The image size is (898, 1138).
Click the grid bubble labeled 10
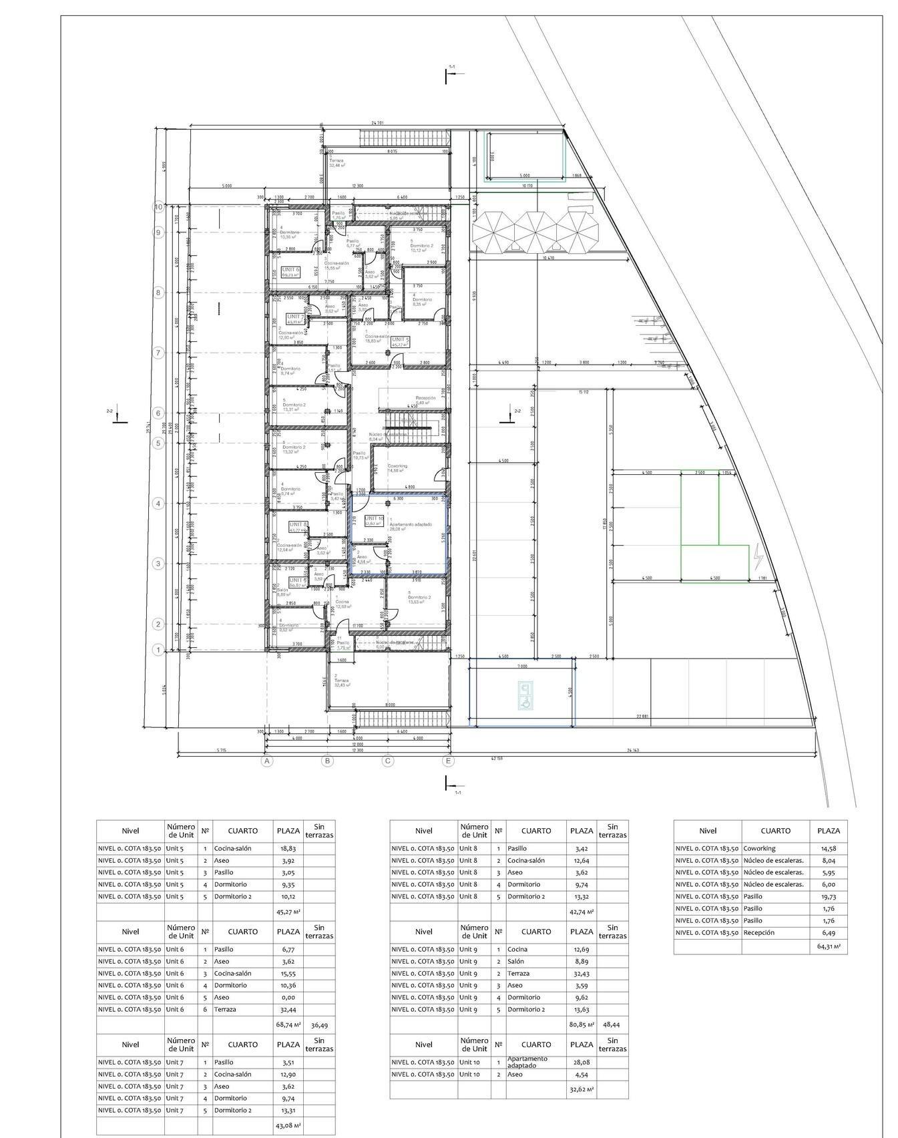[x=159, y=207]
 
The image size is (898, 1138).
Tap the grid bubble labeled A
[x=266, y=761]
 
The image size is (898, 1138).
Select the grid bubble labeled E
[x=448, y=761]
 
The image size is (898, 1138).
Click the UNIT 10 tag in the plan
[x=374, y=520]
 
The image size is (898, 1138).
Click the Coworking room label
[x=397, y=466]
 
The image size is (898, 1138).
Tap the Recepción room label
[x=425, y=398]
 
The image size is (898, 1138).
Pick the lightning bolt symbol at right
[x=758, y=556]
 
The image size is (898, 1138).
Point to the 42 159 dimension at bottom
[x=497, y=758]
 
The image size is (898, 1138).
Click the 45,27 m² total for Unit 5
[x=288, y=911]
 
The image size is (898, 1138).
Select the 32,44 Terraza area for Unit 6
[x=288, y=1009]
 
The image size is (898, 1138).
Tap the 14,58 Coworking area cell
[x=827, y=848]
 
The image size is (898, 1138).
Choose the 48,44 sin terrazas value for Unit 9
[x=611, y=1024]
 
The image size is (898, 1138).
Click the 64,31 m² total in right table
[x=829, y=946]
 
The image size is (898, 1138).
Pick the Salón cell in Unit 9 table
[x=517, y=961]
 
